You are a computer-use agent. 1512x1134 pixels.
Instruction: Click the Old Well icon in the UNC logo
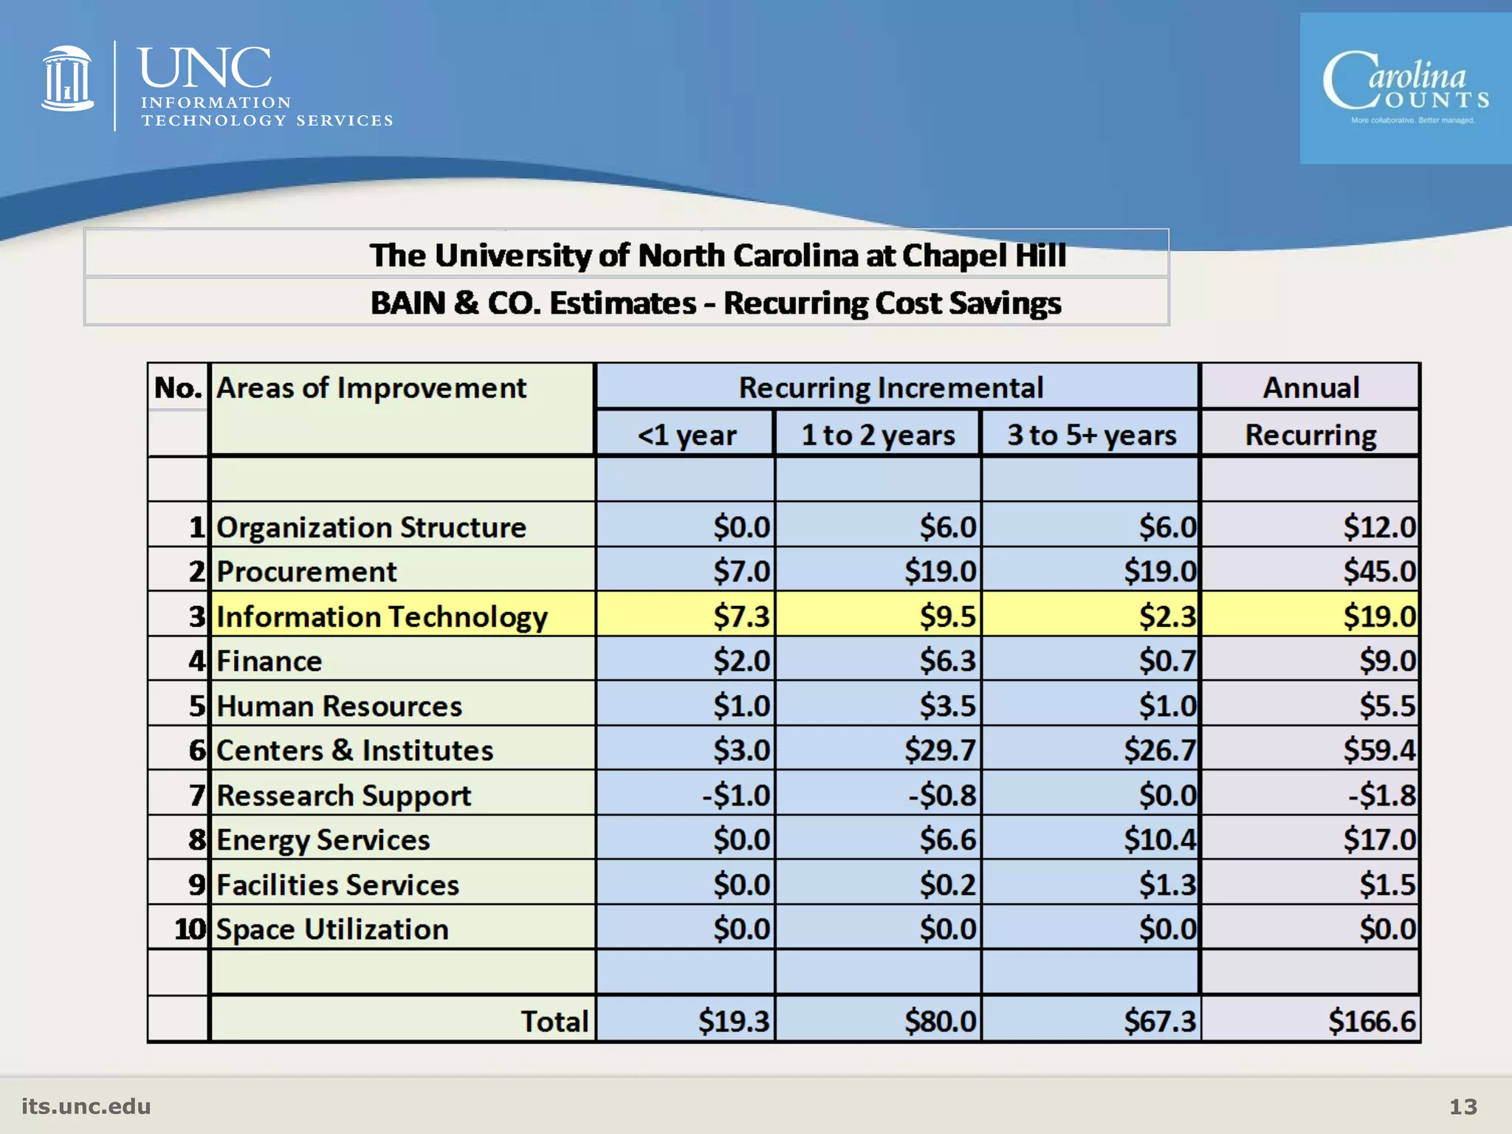(67, 79)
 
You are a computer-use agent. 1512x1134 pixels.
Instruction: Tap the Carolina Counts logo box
(1405, 89)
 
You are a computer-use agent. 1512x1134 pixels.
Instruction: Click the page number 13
(1463, 1106)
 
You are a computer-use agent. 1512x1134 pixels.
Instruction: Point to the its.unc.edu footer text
(86, 1106)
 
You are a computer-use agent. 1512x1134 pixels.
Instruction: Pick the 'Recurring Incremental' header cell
(891, 388)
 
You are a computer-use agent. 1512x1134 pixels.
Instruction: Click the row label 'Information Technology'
(382, 616)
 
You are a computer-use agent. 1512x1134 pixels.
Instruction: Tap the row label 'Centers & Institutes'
(354, 750)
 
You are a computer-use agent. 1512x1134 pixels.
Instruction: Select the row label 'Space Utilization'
(332, 929)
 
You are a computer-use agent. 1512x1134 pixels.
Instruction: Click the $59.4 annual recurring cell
(1378, 750)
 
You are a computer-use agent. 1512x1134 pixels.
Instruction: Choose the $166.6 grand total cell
(1372, 1021)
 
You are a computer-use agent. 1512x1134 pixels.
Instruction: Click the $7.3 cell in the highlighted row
(741, 616)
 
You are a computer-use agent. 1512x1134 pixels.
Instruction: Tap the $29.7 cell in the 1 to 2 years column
(940, 750)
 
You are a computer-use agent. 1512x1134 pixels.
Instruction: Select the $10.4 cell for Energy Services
(1159, 839)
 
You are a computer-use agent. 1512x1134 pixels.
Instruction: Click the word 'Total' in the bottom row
(554, 1021)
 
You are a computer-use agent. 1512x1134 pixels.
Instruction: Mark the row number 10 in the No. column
(190, 929)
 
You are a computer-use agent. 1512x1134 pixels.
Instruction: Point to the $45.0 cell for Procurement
(1378, 571)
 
